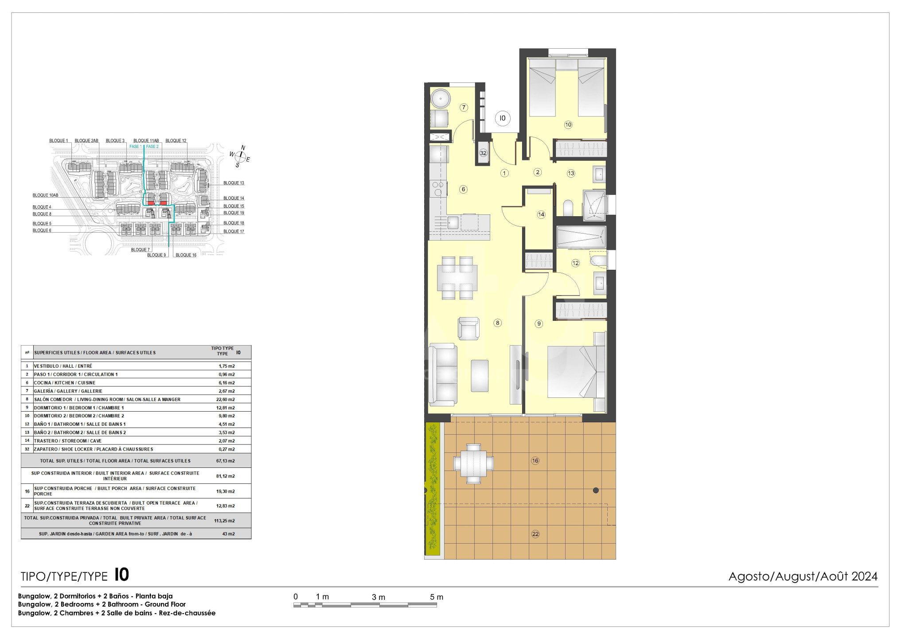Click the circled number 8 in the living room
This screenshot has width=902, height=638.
(497, 323)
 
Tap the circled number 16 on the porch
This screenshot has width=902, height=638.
(535, 461)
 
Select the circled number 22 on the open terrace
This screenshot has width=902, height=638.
(535, 534)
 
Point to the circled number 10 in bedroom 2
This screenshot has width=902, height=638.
(568, 125)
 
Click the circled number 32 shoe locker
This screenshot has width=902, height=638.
(483, 153)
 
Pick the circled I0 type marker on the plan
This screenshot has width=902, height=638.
(502, 118)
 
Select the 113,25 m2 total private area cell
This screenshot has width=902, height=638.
(224, 521)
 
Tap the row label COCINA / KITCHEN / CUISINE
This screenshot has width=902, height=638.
(65, 383)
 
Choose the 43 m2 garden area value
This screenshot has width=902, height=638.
(228, 534)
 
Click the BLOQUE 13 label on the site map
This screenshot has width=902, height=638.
(234, 183)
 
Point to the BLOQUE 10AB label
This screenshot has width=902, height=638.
(45, 195)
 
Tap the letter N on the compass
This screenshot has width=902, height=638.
(243, 148)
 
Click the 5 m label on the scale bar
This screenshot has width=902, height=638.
(436, 597)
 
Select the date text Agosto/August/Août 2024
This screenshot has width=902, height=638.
(803, 576)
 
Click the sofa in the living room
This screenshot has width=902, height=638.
(442, 375)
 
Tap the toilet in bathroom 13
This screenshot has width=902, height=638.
(568, 207)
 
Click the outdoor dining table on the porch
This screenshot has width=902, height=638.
(473, 463)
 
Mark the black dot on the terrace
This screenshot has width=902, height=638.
(596, 490)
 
